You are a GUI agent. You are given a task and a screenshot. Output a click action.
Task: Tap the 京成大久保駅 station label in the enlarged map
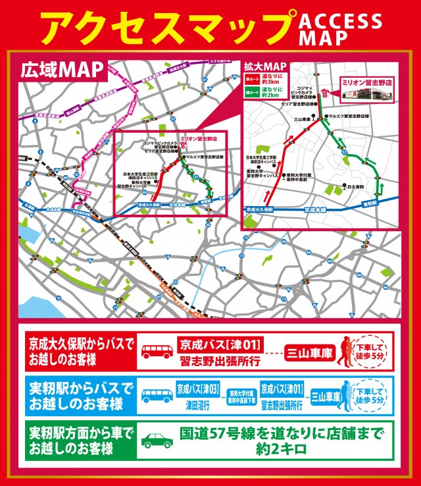click(259, 208)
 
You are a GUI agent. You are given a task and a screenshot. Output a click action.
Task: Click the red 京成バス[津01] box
click(220, 344)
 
